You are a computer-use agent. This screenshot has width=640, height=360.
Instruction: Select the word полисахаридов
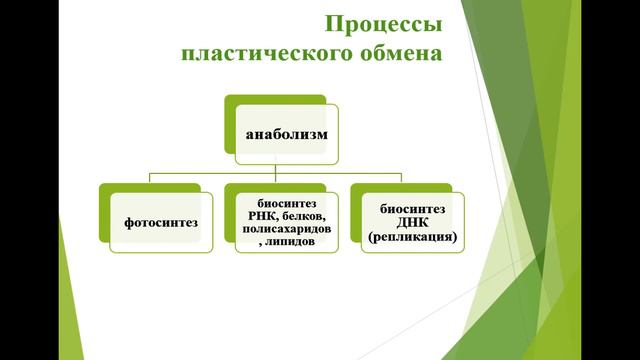tap(286, 229)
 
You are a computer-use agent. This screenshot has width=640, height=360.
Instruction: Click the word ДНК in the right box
tap(413, 223)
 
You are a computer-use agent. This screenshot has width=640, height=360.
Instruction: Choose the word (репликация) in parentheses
tap(413, 237)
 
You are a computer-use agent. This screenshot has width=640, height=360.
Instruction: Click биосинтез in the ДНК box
tap(413, 209)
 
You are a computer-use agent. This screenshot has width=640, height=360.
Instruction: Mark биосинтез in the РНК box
tap(286, 202)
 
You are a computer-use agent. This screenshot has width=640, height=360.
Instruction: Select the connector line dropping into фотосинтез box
tap(149, 179)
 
